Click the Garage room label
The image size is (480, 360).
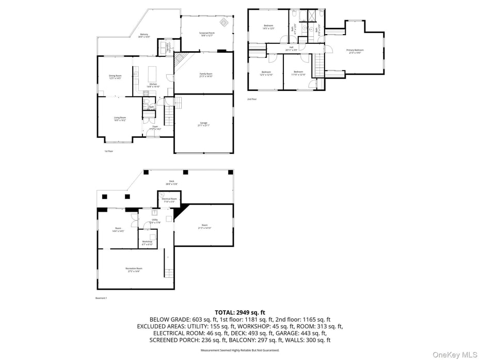[x=204, y=123]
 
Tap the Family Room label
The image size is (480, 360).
[x=206, y=75]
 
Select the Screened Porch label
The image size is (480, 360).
[x=207, y=35]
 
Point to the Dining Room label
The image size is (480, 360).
[x=115, y=77]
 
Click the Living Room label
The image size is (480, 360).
[x=120, y=119]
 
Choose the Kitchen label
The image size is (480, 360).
[x=153, y=85]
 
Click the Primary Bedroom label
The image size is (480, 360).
[x=355, y=51]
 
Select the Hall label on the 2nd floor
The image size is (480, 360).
[x=291, y=49]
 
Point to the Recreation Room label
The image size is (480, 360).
[x=134, y=270]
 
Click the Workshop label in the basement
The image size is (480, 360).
[x=147, y=242]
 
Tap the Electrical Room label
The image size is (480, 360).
[x=169, y=200]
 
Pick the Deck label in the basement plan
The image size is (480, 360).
[x=171, y=182]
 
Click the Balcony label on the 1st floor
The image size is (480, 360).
[x=143, y=36]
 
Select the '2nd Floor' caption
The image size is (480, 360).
[x=252, y=99]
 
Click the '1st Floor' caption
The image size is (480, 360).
[x=108, y=151]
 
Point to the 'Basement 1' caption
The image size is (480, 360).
[x=101, y=298]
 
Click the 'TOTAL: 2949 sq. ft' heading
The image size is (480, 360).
[x=240, y=312]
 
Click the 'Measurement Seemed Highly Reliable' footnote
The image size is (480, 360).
[x=240, y=350]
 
